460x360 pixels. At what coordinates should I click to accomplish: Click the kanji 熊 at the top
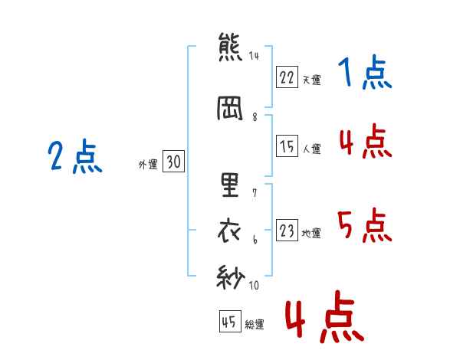click(x=230, y=47)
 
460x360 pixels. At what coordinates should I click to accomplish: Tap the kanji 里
click(x=230, y=185)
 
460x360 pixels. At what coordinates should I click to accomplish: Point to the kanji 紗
click(x=231, y=277)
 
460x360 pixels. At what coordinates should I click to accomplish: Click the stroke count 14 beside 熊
click(x=254, y=55)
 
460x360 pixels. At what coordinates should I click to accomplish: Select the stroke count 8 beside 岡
click(x=255, y=117)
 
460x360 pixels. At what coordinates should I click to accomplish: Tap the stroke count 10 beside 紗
click(x=254, y=285)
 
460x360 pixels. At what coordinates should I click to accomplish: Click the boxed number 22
click(x=287, y=77)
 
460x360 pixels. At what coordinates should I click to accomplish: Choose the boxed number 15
click(x=287, y=146)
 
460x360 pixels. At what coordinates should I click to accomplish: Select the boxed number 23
click(x=287, y=230)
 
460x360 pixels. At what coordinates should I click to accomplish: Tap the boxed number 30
click(x=173, y=161)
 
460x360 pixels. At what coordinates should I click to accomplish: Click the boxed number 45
click(x=230, y=321)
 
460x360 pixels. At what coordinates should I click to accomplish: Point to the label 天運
click(x=312, y=80)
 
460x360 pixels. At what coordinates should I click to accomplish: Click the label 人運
click(x=312, y=149)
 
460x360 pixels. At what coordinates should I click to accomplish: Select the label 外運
click(x=148, y=165)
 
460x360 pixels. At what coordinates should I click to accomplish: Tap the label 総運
click(x=255, y=325)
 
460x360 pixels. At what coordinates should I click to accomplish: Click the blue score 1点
click(x=365, y=72)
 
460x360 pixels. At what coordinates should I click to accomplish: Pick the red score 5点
click(x=365, y=225)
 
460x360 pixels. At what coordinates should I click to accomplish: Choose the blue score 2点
click(x=75, y=156)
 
